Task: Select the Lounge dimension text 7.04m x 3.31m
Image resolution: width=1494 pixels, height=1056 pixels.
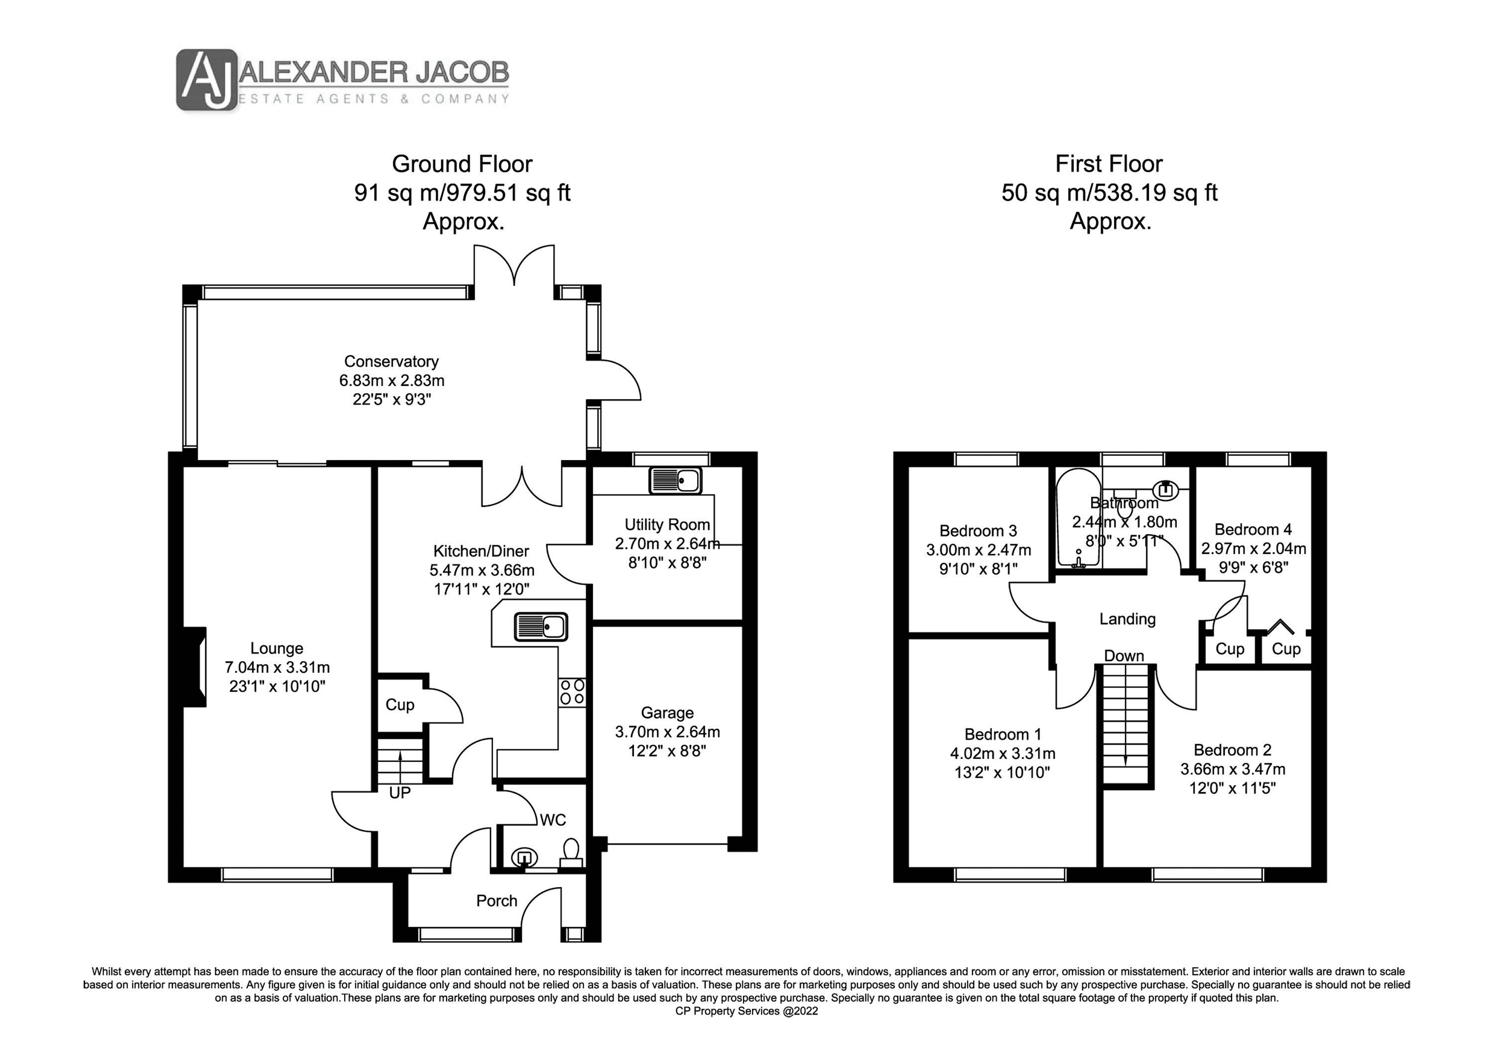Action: point(277,667)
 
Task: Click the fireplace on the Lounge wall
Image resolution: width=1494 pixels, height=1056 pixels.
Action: point(195,667)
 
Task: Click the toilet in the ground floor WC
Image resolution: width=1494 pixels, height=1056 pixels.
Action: point(571,851)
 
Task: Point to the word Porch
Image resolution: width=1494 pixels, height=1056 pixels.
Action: point(497,901)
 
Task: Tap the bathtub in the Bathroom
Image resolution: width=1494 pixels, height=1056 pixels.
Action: point(1078,517)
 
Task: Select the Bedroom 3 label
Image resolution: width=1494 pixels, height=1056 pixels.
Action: point(978,531)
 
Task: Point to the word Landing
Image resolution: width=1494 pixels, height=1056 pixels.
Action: point(1127,619)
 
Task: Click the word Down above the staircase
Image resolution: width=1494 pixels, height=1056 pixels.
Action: point(1124,656)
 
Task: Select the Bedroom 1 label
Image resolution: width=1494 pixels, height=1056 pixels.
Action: point(1003,734)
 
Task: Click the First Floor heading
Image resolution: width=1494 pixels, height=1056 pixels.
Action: point(1109,163)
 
